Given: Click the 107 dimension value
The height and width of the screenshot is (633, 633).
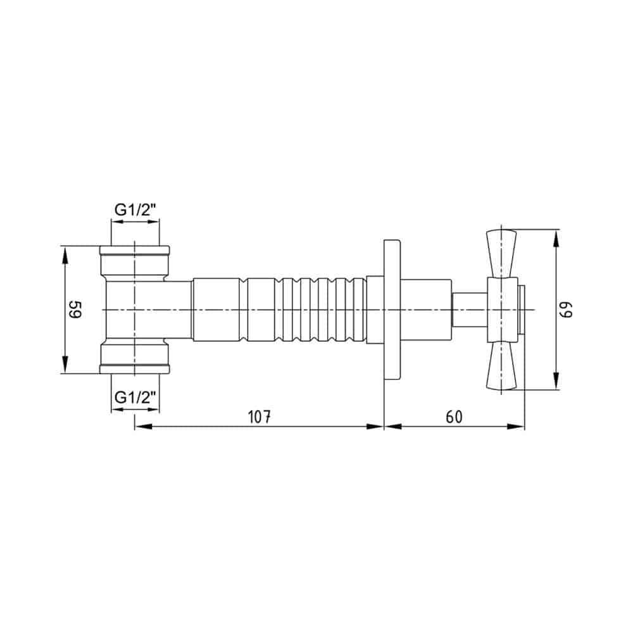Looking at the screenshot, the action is pos(259,417).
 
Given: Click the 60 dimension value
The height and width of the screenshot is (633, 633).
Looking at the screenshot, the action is pos(454,417).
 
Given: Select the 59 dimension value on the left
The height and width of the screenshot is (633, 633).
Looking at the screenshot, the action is pos(75,310).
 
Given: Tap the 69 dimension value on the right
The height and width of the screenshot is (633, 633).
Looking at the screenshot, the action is pos(566,310).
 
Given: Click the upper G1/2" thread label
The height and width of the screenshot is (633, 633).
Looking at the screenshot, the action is pos(135,210).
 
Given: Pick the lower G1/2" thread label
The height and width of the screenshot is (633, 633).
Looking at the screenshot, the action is pos(135,398).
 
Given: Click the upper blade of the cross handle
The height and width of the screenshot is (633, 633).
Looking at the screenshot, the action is pos(501,254).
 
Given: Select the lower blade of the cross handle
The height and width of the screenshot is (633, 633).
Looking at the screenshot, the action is pos(501,366).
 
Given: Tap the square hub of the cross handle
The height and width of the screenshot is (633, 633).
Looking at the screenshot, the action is pos(503,310).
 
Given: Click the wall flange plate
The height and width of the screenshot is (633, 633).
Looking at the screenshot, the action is pos(392,310).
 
